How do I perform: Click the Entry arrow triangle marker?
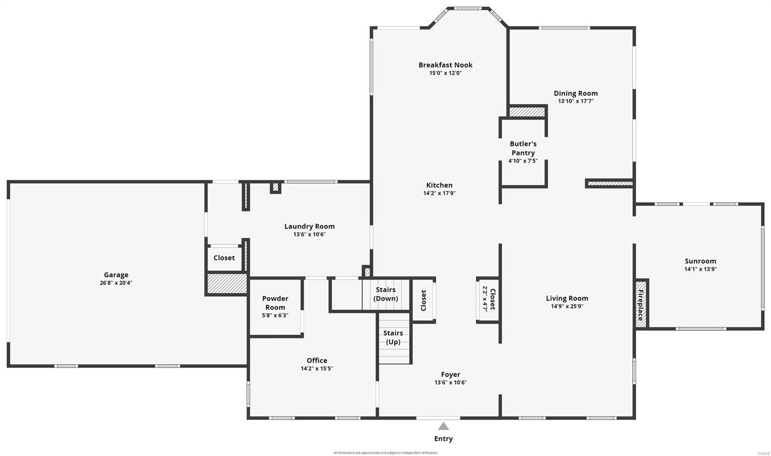coord(443,426)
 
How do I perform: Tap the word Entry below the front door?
coord(443,439)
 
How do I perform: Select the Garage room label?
coord(116,275)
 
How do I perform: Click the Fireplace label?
coord(640,305)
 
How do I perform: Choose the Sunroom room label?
coord(701,261)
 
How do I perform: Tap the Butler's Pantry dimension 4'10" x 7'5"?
coord(523,161)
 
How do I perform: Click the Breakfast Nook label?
coord(445,65)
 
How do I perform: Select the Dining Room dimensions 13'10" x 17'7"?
coord(575,101)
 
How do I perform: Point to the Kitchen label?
coord(439,185)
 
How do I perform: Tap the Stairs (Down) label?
coord(385,294)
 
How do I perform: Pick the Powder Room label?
coord(275,303)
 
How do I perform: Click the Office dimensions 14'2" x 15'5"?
coord(317,368)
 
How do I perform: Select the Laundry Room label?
coord(309,226)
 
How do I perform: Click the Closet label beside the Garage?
coord(224,258)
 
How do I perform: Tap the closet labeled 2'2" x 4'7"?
coord(488,300)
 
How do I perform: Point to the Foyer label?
coord(451,374)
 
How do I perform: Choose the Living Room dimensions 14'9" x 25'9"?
coord(567,306)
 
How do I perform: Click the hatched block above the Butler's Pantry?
coord(527,112)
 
